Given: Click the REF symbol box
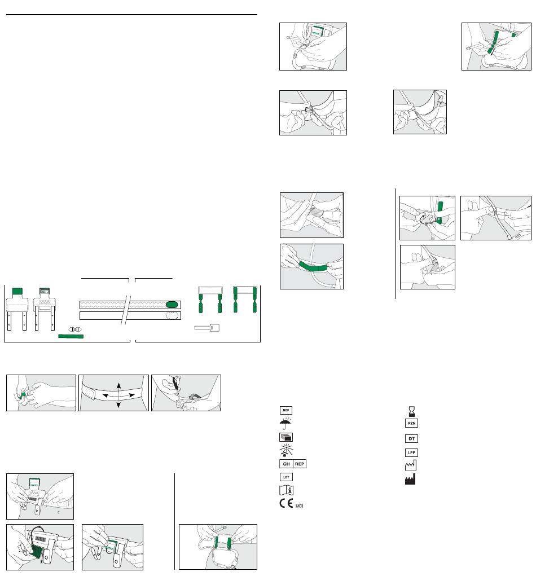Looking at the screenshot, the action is coord(286,410).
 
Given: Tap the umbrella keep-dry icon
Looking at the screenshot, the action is coord(285,423).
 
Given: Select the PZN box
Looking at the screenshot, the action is coord(411,423).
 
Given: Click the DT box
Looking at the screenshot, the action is coord(411,438).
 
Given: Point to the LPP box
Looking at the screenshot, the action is coord(411,452).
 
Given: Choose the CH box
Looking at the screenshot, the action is coord(286,464).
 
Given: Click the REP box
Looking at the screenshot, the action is coord(300,464).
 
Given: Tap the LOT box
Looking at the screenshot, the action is coord(286,477).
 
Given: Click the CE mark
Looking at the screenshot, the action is coord(287,503).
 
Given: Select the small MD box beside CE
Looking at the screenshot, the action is coord(299,506).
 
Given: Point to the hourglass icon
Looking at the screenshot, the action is coord(412,411).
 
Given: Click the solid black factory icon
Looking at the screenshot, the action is coord(410,480).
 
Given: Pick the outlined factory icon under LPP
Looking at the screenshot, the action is coord(410,466).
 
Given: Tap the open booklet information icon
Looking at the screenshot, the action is coord(287,490).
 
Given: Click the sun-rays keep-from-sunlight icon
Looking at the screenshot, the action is coord(286,450).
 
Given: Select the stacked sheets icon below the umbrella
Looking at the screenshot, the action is coord(286,437).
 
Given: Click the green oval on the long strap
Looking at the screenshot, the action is coord(172,305).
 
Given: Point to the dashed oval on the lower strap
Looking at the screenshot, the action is coord(172,315).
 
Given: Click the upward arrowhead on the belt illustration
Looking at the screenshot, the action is coord(118,385).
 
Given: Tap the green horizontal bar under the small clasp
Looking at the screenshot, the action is coord(71,336).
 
